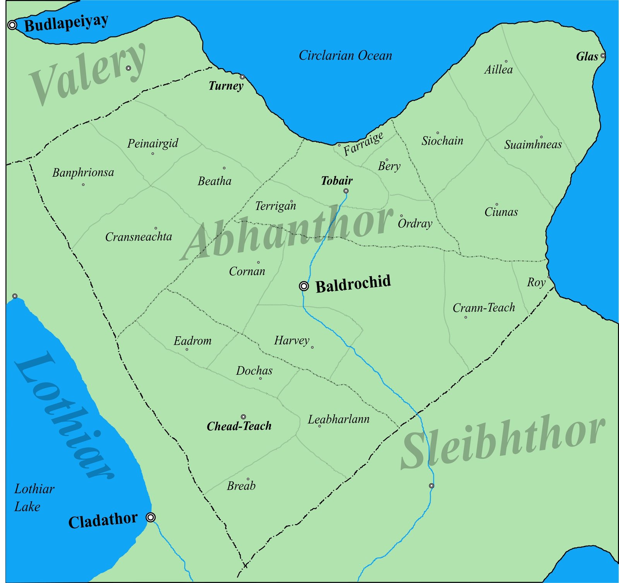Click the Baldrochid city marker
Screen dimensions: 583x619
[304, 286]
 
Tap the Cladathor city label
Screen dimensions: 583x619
[103, 520]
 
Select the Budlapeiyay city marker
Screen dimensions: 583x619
[12, 25]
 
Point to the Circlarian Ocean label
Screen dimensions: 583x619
[345, 56]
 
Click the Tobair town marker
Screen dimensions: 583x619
[346, 191]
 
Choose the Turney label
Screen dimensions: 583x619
[226, 86]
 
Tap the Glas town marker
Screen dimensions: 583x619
[603, 56]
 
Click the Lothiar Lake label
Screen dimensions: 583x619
[34, 498]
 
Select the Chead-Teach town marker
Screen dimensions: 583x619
[243, 417]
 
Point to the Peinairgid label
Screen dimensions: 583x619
[153, 143]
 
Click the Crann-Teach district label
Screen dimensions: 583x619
[484, 308]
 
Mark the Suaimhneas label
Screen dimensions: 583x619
[533, 145]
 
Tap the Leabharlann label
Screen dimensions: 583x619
[339, 419]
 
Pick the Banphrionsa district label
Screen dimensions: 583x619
[83, 173]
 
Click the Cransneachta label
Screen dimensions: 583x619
[139, 237]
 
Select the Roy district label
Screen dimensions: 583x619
[536, 282]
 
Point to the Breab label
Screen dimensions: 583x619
[241, 486]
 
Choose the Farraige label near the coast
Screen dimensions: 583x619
[363, 144]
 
